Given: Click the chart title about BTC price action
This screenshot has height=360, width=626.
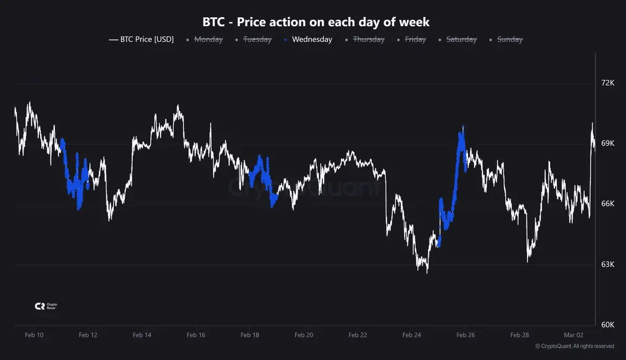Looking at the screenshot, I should pos(316,22).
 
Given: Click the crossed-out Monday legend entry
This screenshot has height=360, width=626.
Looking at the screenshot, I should pos(208,39).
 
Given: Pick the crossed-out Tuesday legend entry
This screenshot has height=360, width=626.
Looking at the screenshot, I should pos(257,39).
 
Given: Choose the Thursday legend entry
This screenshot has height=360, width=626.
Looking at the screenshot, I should pos(368,39).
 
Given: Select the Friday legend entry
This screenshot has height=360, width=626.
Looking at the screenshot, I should pos(415,39).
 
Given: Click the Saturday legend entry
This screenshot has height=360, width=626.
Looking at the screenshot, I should pos(461,39).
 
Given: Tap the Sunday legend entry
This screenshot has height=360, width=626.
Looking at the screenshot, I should pos(510,39).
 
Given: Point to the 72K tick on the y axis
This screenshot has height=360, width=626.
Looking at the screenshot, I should pos(608,83).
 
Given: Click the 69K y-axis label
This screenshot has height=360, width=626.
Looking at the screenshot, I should pos(608,143).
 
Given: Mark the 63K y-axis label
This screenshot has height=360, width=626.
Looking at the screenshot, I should pos(608,265).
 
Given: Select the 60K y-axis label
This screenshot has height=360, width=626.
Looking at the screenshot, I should pos(608,325).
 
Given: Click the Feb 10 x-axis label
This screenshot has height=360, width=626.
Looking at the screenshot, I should pos(34,335).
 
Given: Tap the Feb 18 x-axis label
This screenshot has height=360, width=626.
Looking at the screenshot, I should pos(250,335).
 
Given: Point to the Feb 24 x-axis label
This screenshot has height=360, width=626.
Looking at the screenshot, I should pos(412,335).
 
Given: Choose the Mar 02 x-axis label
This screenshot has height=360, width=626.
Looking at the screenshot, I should pos(573,335).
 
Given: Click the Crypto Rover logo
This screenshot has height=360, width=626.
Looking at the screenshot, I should pos(45,306).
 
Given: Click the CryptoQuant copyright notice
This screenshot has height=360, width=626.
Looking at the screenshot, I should pos(574,346).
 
